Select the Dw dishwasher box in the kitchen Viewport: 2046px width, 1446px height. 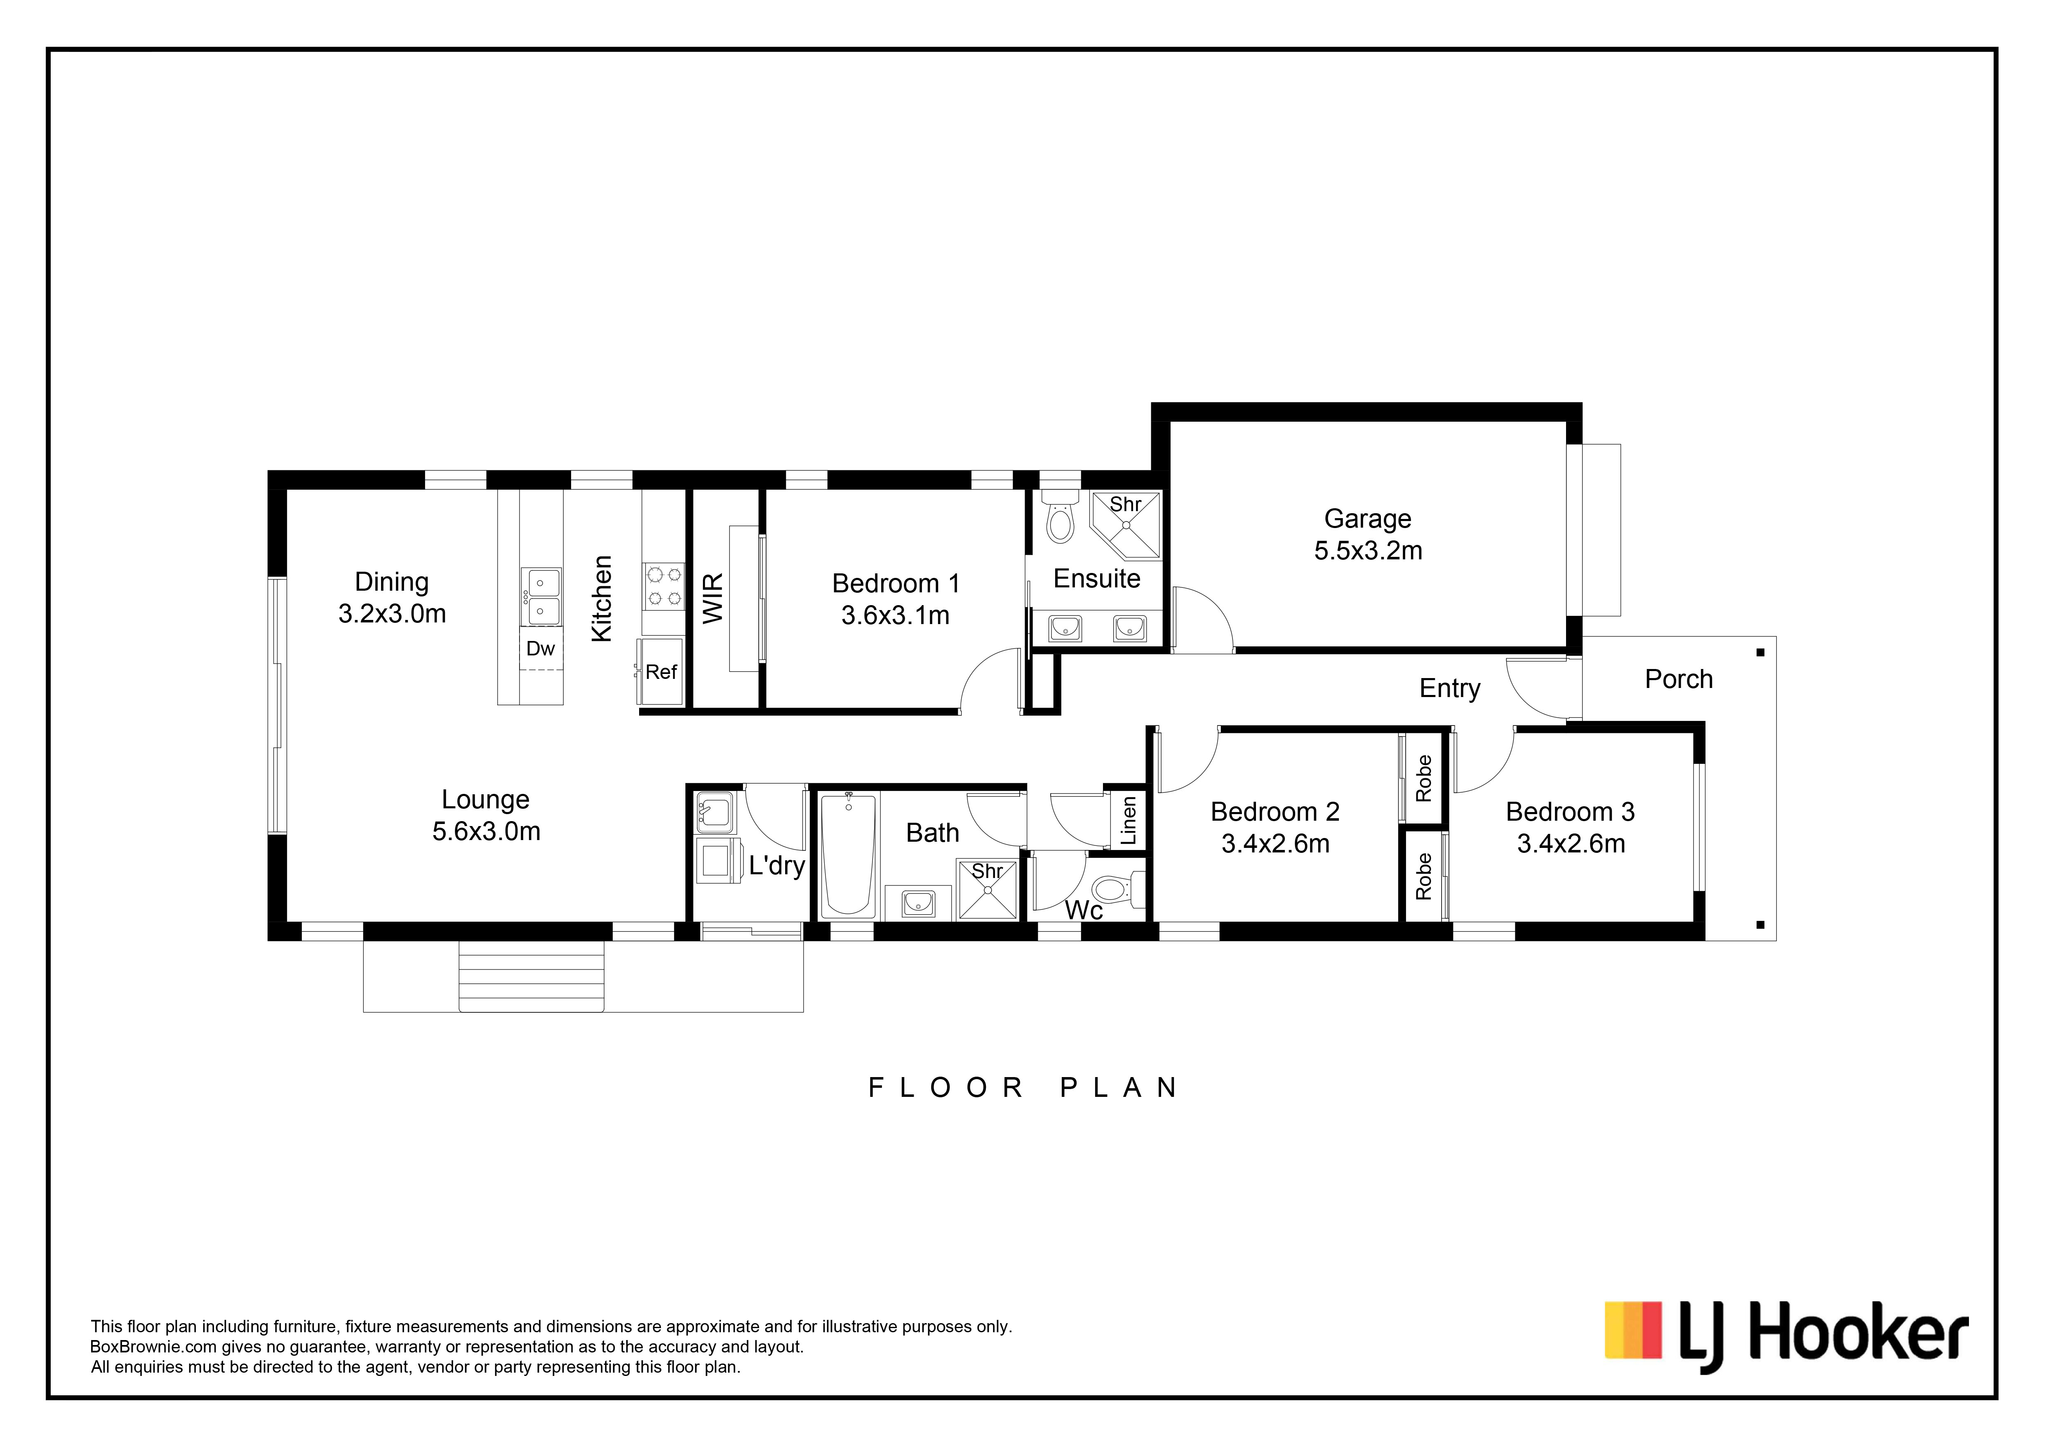tap(541, 649)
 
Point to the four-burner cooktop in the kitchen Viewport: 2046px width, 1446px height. tap(664, 586)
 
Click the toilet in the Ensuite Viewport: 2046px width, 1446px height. tap(1060, 517)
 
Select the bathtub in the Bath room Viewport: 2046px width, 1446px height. tap(847, 855)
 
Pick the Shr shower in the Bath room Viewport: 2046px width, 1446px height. tap(988, 888)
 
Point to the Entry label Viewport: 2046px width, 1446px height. tap(1450, 689)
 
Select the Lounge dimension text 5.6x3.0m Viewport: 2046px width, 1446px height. tap(487, 831)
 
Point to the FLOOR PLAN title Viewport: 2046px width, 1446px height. tap(1023, 1088)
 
